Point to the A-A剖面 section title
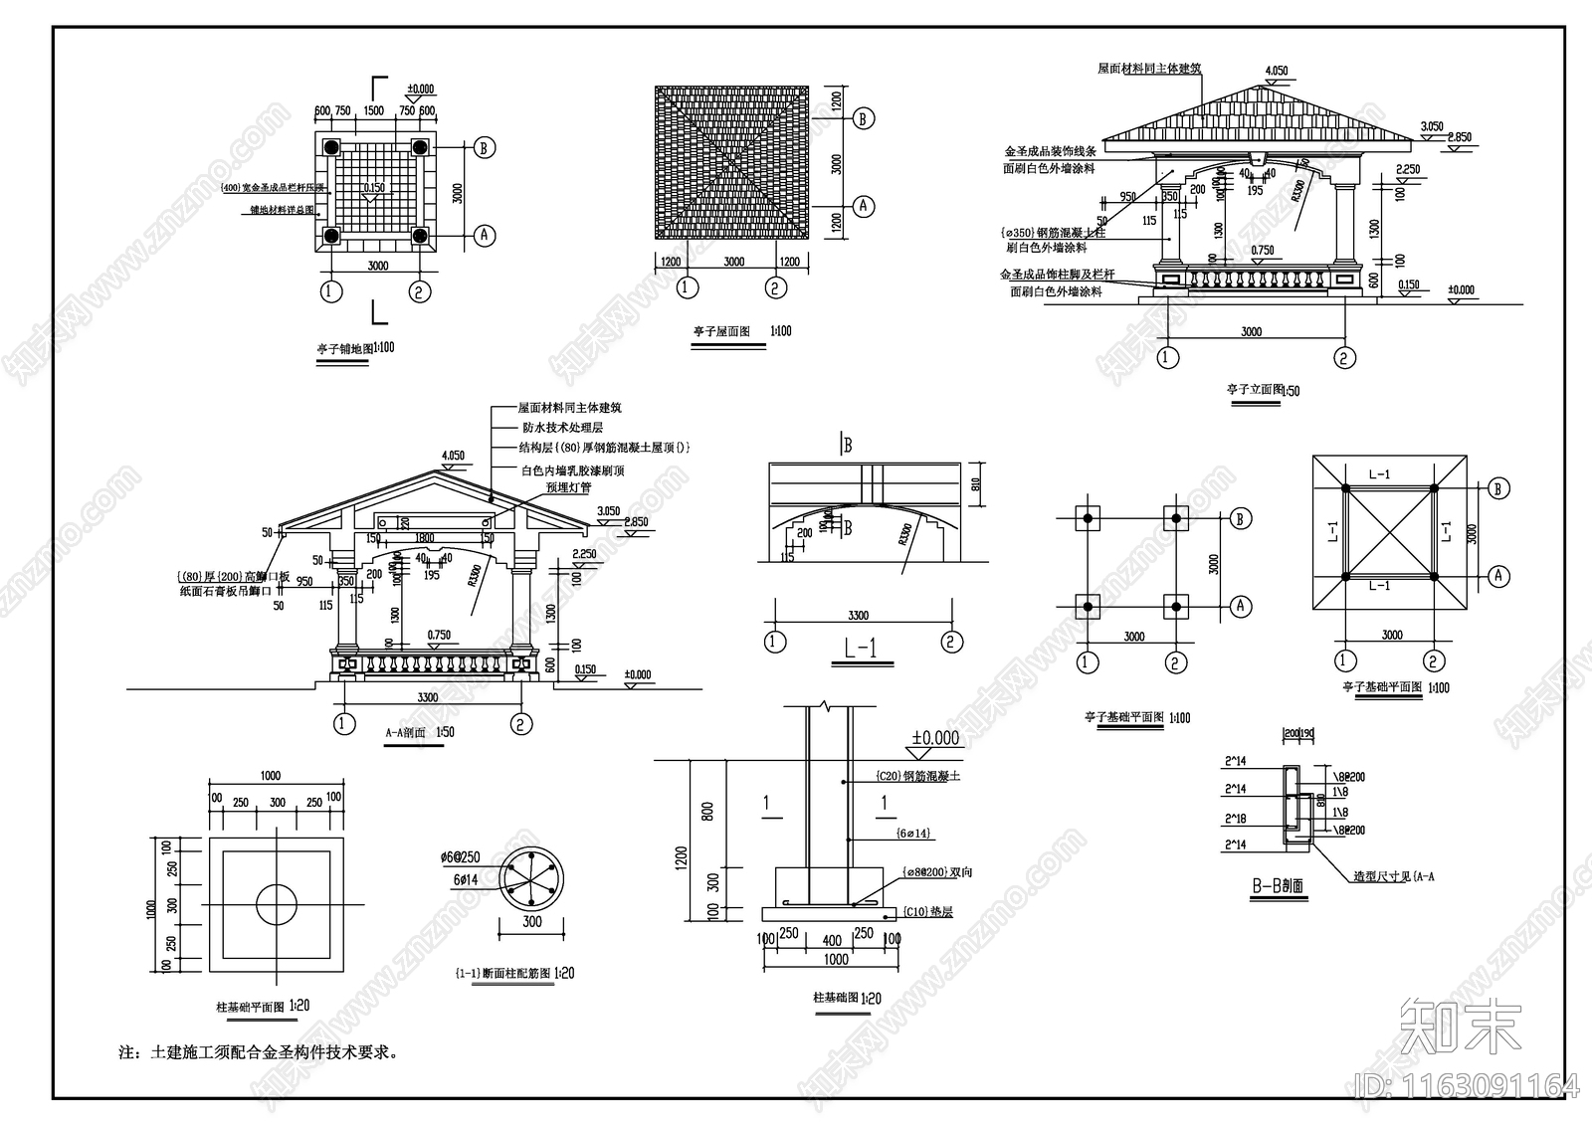click(405, 732)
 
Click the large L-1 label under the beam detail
click(861, 650)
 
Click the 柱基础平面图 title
click(251, 1007)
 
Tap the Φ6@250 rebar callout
click(459, 857)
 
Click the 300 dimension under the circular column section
click(532, 922)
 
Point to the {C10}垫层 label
click(927, 911)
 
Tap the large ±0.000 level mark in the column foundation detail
click(936, 738)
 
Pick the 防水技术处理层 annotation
click(562, 427)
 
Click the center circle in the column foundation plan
click(276, 904)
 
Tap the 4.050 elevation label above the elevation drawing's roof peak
click(1276, 71)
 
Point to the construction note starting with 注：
click(260, 1051)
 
